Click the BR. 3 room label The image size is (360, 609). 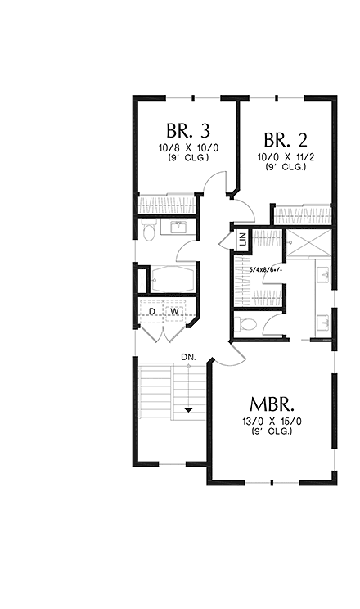(188, 130)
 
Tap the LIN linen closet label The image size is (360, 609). (243, 240)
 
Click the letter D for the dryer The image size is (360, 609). (152, 311)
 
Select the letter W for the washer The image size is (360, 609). (174, 311)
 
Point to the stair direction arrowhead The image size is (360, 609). (189, 409)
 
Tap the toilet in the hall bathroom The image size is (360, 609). (148, 232)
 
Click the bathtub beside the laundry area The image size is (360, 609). (170, 279)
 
